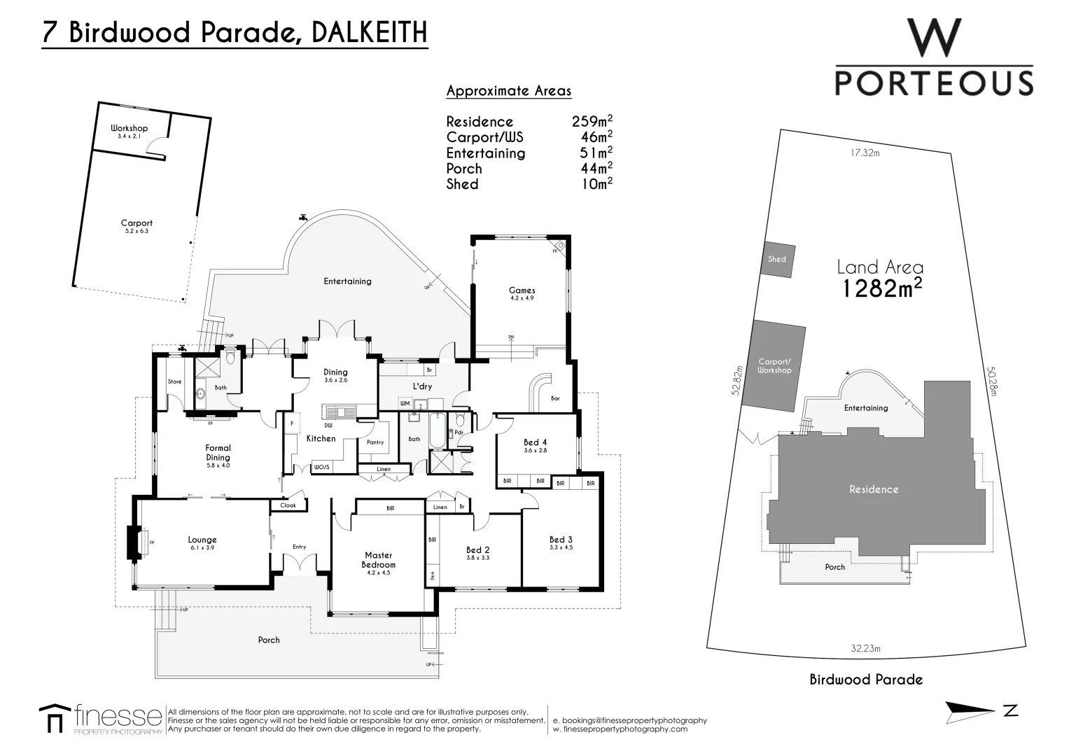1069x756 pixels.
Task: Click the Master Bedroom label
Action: [378, 560]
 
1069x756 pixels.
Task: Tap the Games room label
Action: [522, 290]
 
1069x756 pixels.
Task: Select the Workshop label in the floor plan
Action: [129, 129]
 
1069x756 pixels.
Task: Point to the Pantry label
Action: [375, 442]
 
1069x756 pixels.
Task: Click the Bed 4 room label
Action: [535, 442]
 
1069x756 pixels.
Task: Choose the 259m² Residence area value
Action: [592, 121]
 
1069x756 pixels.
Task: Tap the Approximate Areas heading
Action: [509, 91]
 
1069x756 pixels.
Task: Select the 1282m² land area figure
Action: [881, 288]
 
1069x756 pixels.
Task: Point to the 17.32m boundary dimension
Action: [865, 153]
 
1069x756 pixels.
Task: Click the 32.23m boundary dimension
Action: [865, 649]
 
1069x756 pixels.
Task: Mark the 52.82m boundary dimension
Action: [736, 380]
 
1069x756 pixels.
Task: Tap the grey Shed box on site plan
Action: [776, 259]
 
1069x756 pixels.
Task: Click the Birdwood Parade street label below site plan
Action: [866, 680]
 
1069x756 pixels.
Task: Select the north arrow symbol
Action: [970, 711]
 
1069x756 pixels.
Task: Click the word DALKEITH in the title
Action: [368, 32]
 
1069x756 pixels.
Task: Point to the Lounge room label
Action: [202, 540]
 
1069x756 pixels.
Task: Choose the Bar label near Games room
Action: [555, 398]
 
